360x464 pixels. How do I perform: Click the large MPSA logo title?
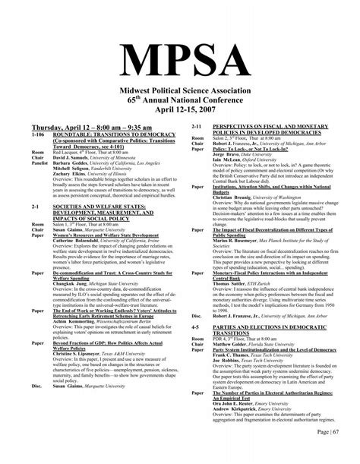coord(180,55)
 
